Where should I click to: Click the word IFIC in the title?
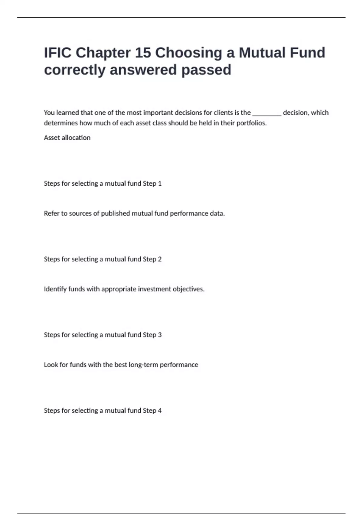tap(58, 53)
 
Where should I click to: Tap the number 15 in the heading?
tap(143, 53)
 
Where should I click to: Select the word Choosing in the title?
tap(189, 53)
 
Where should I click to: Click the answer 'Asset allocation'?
tap(67, 138)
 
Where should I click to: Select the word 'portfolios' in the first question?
tap(251, 123)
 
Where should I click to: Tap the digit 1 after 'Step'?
tap(160, 184)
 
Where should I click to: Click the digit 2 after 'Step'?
tap(160, 259)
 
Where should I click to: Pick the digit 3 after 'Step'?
tap(160, 335)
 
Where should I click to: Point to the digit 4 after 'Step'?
tap(160, 410)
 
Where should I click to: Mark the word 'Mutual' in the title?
tap(262, 53)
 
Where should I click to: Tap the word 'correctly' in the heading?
tap(74, 70)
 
